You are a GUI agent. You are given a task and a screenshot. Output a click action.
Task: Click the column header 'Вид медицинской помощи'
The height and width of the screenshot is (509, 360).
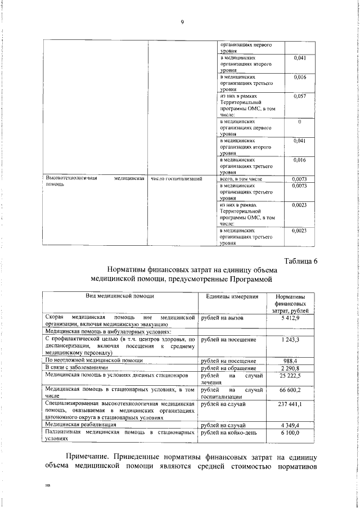click(x=120, y=296)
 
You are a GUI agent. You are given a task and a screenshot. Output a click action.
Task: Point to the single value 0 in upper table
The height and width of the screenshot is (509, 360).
click(x=300, y=121)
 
